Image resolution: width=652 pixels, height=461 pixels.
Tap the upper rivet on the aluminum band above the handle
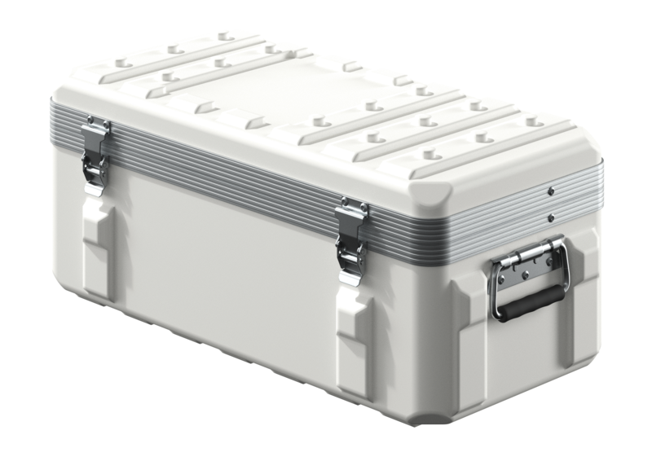point(552,191)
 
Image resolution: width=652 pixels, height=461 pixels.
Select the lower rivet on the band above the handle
point(552,217)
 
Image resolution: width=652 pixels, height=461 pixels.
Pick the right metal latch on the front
point(352,240)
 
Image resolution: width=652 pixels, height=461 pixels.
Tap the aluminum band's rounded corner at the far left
point(54,122)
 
